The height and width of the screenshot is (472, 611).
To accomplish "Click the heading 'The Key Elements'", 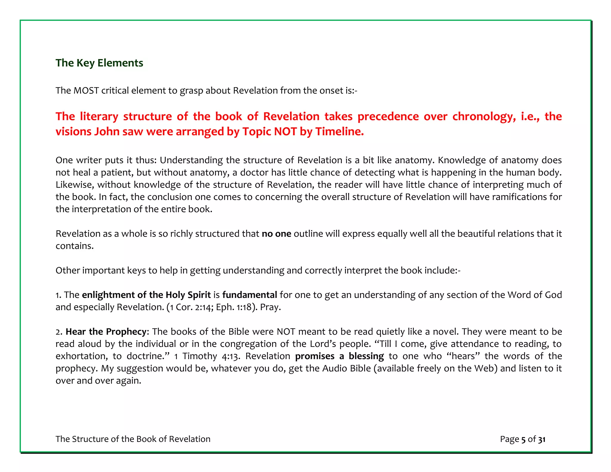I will coord(99,63).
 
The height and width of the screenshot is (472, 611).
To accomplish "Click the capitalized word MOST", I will coord(86,90).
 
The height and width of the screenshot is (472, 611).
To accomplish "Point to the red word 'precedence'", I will coord(388,117).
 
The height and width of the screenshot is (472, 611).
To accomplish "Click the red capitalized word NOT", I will coord(285,132).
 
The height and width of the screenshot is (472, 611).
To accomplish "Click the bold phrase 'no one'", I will coord(276,234).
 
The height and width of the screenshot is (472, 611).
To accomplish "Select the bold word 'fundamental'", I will coord(249,295).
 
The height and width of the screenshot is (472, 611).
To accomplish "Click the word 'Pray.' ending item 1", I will coord(270,307).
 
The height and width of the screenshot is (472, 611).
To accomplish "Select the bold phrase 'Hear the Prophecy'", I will coord(106,332).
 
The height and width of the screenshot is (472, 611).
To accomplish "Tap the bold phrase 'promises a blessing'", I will coord(339,356).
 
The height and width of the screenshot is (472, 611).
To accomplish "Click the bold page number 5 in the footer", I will coord(523,439).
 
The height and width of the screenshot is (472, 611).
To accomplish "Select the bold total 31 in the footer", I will coord(542,439).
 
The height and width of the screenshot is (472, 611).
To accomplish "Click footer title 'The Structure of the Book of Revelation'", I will coord(133,439).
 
